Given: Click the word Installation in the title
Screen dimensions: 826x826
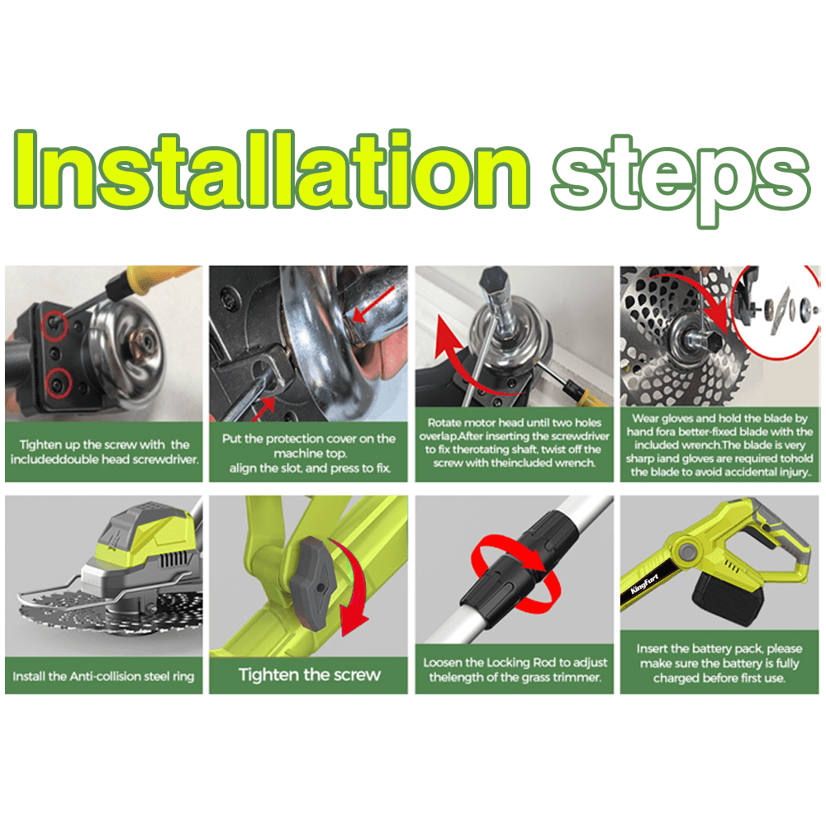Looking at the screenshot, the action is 271,169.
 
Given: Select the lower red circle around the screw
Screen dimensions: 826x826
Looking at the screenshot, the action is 59,383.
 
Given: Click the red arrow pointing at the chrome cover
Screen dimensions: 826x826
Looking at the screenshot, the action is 373,304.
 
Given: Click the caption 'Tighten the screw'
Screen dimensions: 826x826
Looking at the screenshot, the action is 309,675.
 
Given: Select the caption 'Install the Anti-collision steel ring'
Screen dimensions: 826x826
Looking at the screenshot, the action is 103,676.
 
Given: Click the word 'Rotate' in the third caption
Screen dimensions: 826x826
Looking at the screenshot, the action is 444,422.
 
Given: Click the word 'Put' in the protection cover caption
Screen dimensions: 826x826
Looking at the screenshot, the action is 231,439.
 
